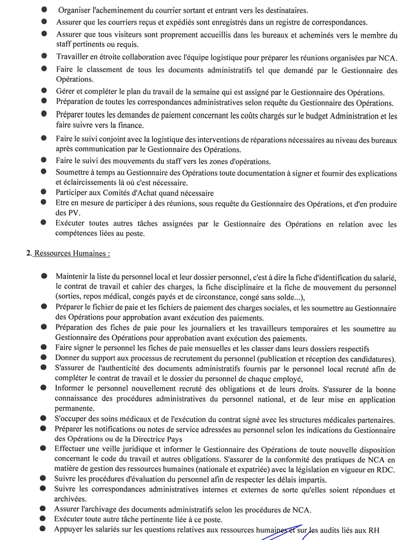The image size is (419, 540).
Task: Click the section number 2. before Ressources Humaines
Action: tap(28, 253)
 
